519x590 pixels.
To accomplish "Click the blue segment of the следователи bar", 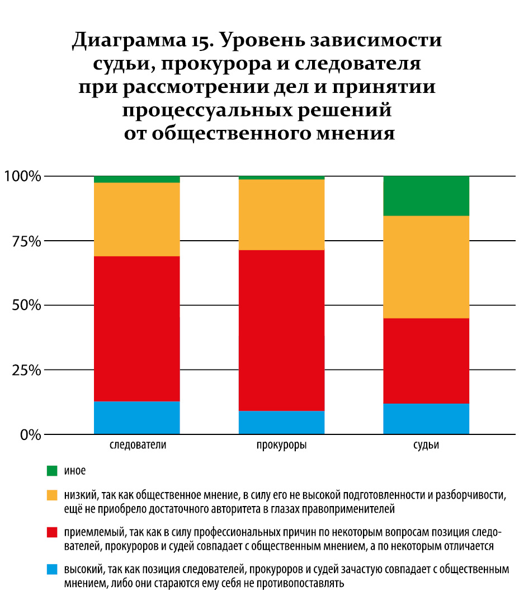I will point(136,418).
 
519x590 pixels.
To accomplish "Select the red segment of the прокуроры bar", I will point(281,330).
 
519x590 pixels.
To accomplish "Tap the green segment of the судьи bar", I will point(426,196).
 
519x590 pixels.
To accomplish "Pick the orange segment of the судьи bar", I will point(426,267).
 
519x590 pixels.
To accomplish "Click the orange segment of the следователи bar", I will point(136,219).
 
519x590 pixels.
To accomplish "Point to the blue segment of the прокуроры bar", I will point(281,423).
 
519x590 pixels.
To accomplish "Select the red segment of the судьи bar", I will point(426,361).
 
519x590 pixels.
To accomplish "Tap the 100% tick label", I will point(23,177).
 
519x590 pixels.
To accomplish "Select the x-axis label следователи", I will point(137,446).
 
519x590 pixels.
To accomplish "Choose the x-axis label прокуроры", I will point(281,446).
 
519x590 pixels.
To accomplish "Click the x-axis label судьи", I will point(426,446).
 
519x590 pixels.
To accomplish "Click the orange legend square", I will point(52,495).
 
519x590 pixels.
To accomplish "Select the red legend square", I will point(52,531).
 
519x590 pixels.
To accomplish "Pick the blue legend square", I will point(52,570).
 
